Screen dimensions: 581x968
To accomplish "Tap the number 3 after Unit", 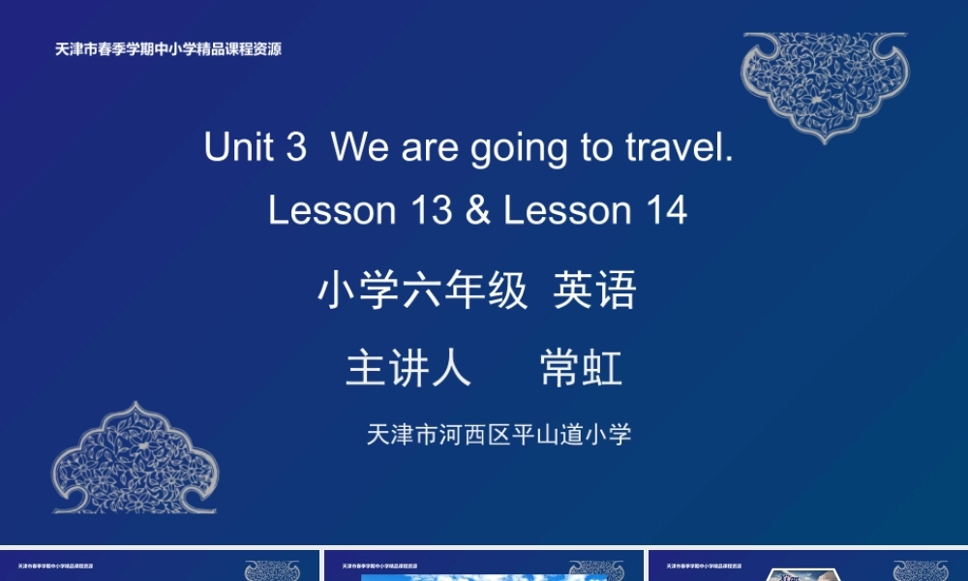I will click(x=295, y=148).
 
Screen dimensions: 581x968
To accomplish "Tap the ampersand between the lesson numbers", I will click(x=477, y=210).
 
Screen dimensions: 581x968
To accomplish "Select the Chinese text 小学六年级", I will click(x=423, y=290).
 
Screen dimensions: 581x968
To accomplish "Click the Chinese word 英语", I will click(x=594, y=290).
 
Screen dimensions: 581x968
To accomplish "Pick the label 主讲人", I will click(x=408, y=369).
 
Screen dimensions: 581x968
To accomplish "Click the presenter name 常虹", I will click(x=582, y=369).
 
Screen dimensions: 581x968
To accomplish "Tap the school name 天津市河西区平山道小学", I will click(x=499, y=434).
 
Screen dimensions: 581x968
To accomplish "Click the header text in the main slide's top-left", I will click(x=168, y=49).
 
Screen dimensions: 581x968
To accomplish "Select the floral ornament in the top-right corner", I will click(x=824, y=84).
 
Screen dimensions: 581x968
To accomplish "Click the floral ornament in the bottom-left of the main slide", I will click(x=135, y=459).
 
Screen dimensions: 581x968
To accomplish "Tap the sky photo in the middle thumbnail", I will click(x=484, y=577).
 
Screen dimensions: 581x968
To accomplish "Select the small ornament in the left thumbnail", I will click(x=272, y=570).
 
